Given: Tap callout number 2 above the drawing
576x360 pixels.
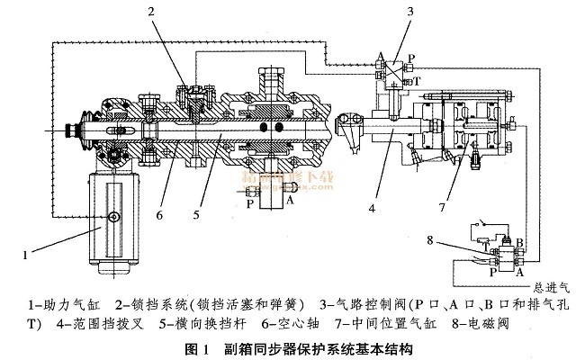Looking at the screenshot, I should pos(153,12).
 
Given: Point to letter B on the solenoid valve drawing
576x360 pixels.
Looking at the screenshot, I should pos(519,241).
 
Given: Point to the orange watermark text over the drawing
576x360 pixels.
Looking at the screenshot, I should pos(288,177).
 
